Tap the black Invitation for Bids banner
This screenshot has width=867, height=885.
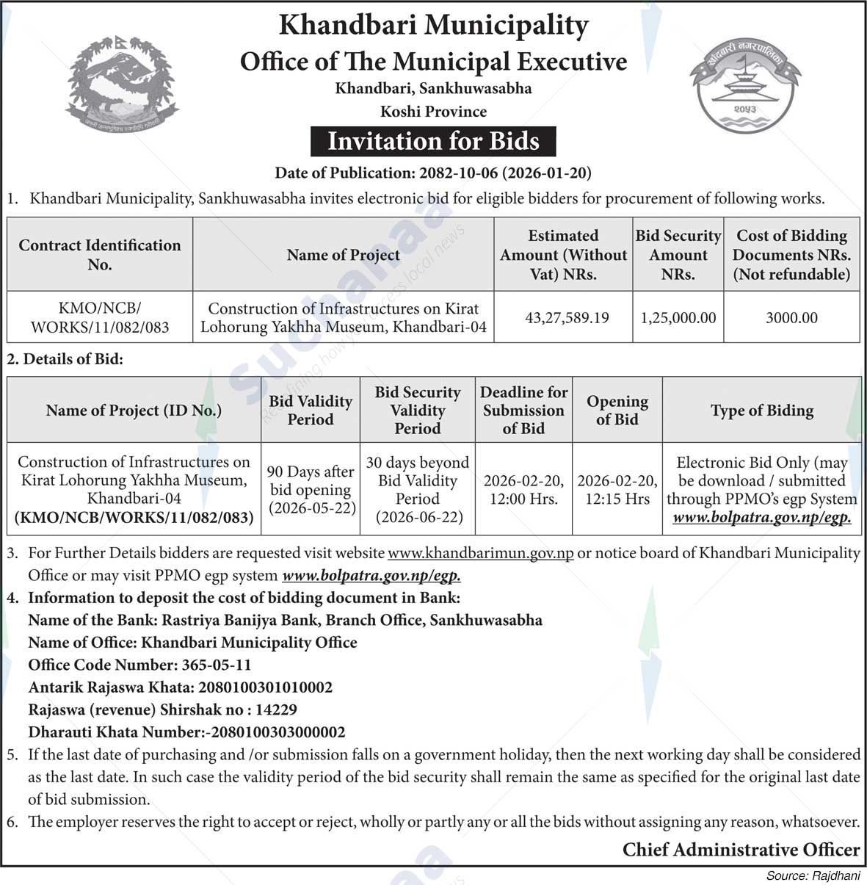tap(433, 141)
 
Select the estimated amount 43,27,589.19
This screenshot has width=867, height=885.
tap(567, 318)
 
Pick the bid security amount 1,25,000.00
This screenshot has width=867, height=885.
tap(678, 318)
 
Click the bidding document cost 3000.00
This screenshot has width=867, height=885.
tap(791, 318)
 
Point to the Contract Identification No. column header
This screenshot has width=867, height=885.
tap(100, 255)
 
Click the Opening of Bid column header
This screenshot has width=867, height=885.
tap(617, 411)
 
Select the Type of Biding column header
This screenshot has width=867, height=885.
tap(761, 411)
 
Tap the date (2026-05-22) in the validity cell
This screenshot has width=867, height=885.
tap(312, 508)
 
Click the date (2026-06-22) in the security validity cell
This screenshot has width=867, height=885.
tap(418, 517)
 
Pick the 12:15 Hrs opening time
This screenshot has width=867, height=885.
tap(617, 499)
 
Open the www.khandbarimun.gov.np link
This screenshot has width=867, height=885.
tap(480, 553)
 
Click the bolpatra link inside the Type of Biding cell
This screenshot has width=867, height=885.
tap(761, 518)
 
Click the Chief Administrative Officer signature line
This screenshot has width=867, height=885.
tap(741, 850)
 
